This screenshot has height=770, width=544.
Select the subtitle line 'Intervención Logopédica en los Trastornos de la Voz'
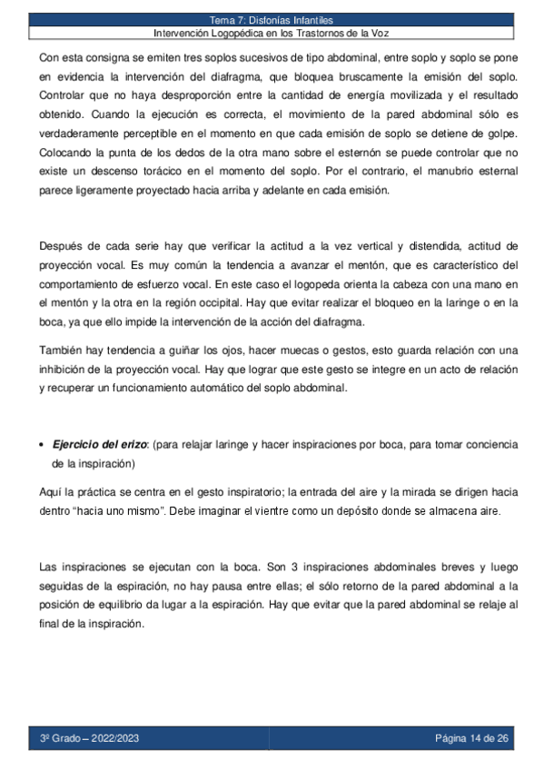click(x=272, y=34)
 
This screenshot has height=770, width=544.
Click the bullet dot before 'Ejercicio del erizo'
click(x=44, y=444)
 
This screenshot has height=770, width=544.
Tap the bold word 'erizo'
click(x=133, y=444)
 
